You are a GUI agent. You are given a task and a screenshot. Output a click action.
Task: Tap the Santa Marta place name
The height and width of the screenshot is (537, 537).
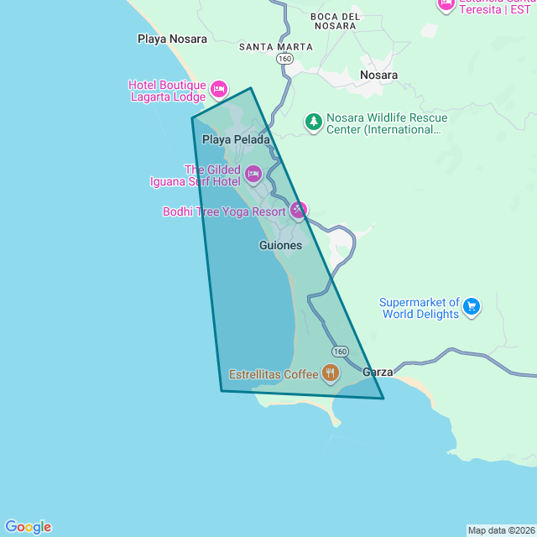[x=276, y=47]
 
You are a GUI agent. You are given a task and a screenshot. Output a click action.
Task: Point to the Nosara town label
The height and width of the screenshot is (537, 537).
[x=378, y=75]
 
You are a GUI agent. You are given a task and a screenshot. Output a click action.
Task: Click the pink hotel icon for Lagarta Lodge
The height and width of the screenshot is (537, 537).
[x=219, y=89]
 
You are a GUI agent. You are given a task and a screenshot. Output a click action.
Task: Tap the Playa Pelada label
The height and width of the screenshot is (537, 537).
[x=237, y=139]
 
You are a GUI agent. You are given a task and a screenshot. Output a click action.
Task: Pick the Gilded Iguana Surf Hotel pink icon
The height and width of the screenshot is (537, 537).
[x=253, y=175]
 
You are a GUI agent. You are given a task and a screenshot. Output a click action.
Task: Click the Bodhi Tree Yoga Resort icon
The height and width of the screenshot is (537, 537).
[x=298, y=210]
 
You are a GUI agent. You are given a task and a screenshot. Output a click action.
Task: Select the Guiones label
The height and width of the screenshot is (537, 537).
[x=281, y=245]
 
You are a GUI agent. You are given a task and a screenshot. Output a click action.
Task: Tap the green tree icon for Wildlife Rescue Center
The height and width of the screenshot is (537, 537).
[x=314, y=123]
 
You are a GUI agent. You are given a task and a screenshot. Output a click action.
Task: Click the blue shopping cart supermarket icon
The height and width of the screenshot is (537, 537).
[x=472, y=307]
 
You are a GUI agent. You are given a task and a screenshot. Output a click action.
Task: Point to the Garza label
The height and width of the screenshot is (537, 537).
[x=378, y=372]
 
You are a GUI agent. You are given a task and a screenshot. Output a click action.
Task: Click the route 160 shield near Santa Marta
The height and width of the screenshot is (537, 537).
[x=285, y=60]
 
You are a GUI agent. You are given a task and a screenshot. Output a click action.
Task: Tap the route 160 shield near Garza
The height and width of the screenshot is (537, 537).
[x=339, y=351]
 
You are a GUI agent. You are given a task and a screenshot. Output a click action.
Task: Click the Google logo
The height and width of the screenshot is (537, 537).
[x=29, y=527]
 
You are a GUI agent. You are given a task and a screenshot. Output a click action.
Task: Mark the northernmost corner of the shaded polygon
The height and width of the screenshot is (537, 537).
[x=250, y=88]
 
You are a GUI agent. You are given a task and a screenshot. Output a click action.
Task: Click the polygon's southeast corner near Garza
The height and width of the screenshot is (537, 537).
[x=383, y=399]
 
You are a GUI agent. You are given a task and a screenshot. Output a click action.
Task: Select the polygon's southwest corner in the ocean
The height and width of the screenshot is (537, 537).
[x=222, y=390]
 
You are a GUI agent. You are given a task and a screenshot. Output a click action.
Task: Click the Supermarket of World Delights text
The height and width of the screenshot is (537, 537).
[x=420, y=308]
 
